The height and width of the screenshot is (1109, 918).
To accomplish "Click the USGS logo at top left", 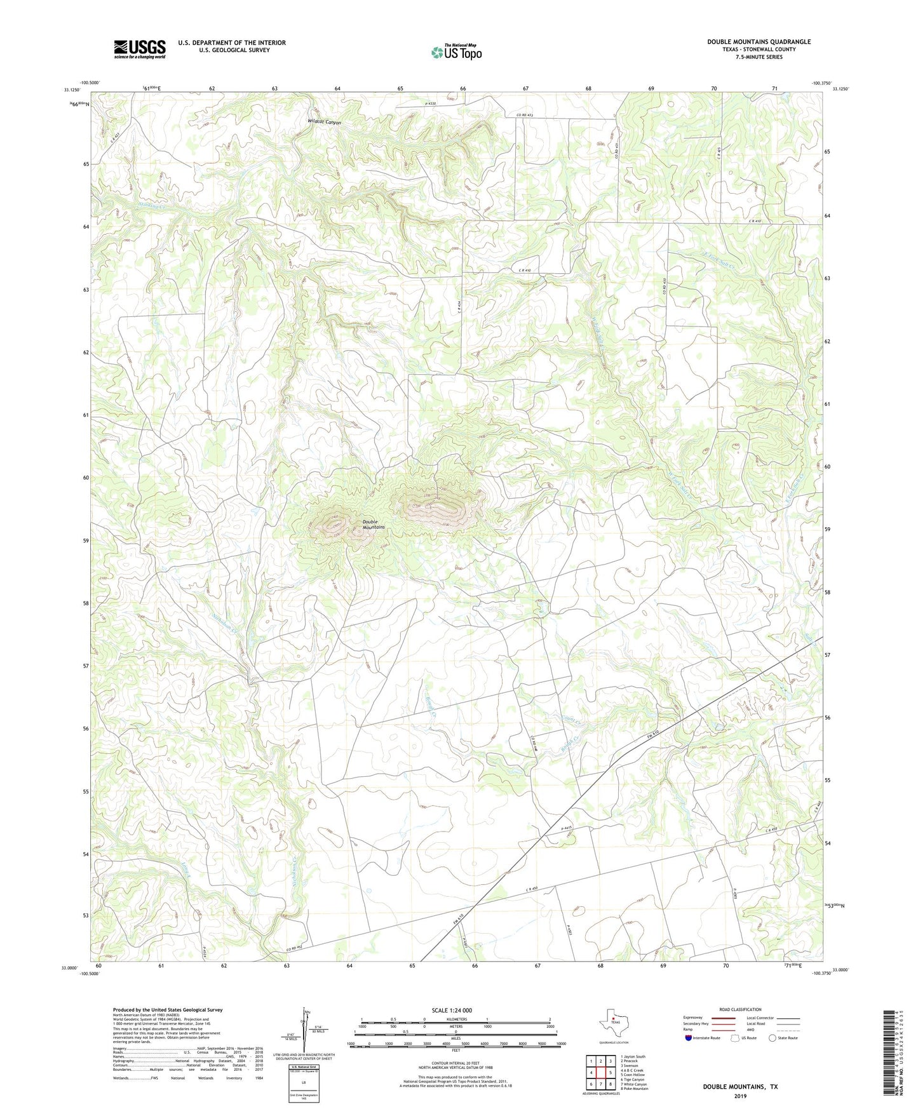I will [x=139, y=49].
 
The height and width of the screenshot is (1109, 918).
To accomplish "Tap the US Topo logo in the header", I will [x=456, y=51].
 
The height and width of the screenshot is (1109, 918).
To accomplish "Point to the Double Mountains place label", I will [x=373, y=525].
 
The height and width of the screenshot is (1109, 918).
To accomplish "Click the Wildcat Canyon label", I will [x=324, y=123].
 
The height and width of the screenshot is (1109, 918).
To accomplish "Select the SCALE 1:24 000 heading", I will [x=452, y=1010].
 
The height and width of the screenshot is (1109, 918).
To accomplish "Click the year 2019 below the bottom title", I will [x=740, y=1096].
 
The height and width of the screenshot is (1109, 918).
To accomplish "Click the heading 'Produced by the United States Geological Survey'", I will [x=168, y=1010].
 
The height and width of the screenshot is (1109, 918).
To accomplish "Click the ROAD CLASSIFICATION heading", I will [x=740, y=1009].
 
